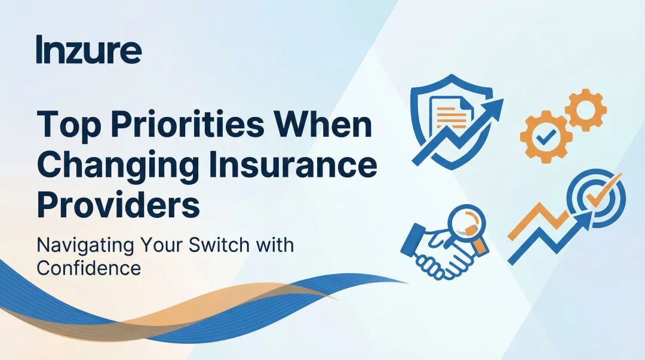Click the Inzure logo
click(88, 50)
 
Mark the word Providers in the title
click(118, 205)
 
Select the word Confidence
click(88, 267)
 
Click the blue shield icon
click(440, 116)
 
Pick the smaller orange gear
click(585, 109)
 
